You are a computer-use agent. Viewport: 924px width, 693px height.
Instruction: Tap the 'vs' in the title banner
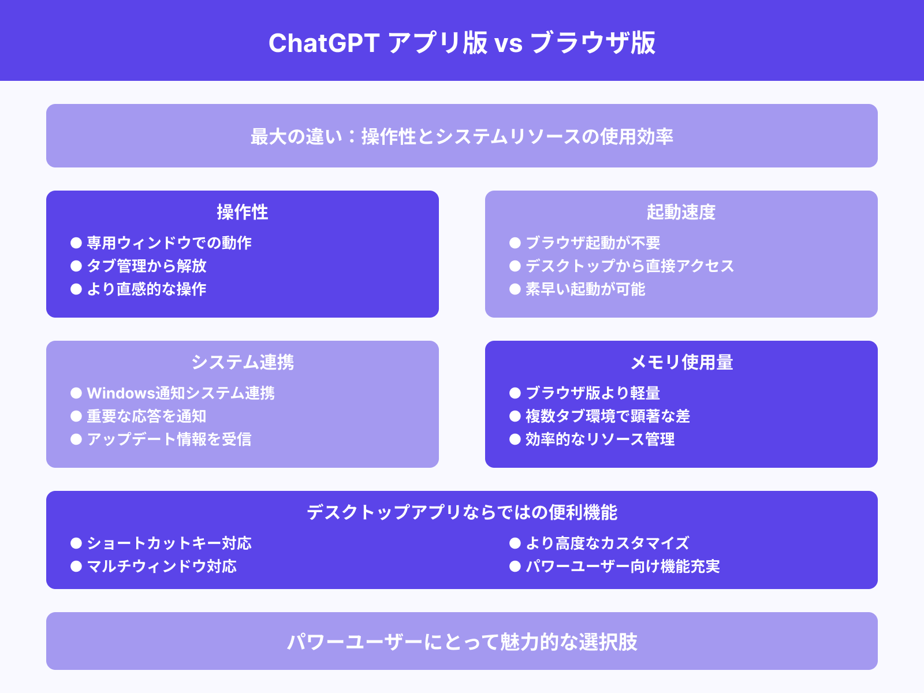(x=509, y=44)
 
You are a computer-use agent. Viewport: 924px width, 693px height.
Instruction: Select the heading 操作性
(x=243, y=212)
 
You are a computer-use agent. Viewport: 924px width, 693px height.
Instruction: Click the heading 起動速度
(x=681, y=212)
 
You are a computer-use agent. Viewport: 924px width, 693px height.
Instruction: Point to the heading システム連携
(x=243, y=362)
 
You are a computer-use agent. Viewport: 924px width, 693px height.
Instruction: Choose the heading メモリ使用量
(x=681, y=362)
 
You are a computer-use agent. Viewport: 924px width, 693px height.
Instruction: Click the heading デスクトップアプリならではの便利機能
(x=462, y=512)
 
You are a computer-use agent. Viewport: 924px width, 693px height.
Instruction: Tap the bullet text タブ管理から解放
(x=147, y=266)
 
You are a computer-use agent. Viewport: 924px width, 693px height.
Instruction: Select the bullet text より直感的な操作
(x=147, y=289)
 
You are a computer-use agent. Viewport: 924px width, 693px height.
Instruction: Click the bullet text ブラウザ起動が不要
(x=593, y=243)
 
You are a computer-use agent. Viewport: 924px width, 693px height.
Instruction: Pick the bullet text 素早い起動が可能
(x=586, y=289)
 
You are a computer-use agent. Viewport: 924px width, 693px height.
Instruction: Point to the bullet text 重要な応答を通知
(x=147, y=416)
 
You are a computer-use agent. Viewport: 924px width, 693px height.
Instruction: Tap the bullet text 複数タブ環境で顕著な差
(x=608, y=416)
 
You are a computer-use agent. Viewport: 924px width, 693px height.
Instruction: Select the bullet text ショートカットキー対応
(x=169, y=543)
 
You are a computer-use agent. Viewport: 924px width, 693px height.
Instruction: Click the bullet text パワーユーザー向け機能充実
(x=623, y=566)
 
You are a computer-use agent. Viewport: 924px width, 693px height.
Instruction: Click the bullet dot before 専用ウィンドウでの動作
(x=76, y=243)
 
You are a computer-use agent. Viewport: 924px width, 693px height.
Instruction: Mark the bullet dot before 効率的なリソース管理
(x=515, y=439)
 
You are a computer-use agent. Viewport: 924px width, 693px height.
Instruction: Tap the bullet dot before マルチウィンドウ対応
(x=76, y=567)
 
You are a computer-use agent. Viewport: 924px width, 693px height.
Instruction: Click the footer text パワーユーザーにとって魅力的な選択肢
(x=462, y=642)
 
